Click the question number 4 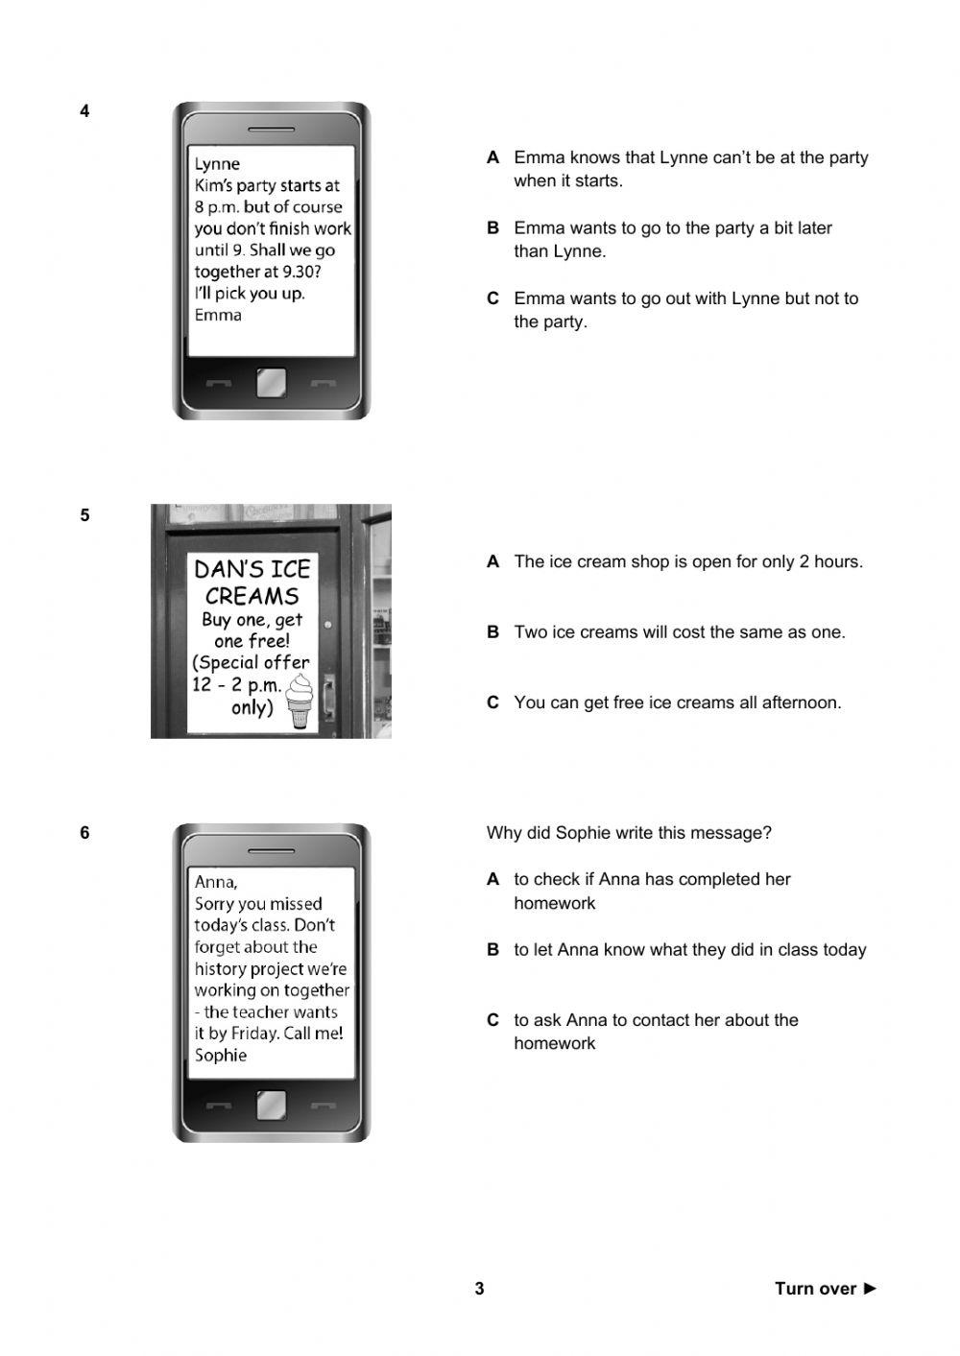click(x=84, y=111)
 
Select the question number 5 click(x=84, y=515)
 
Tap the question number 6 click(x=84, y=833)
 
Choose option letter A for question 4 click(x=493, y=157)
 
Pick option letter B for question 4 click(x=493, y=228)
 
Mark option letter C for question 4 click(x=493, y=298)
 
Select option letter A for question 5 click(x=493, y=562)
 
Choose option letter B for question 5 click(x=493, y=632)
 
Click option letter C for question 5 click(x=493, y=702)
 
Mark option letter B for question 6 click(x=493, y=950)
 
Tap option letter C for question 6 click(x=493, y=1020)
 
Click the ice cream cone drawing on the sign click(x=300, y=701)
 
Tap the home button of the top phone click(x=271, y=384)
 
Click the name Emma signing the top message click(x=218, y=315)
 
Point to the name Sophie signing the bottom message click(x=221, y=1056)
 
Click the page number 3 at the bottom click(x=479, y=1289)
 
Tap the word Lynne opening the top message click(x=217, y=164)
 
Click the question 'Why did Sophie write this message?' click(x=629, y=833)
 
